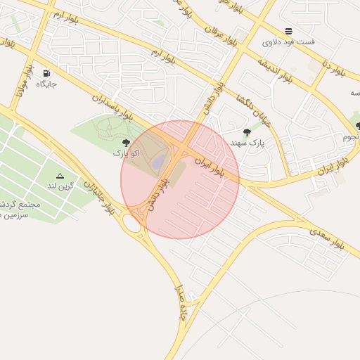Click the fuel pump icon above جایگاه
[46, 73]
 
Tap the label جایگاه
[46, 84]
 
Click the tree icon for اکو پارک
[126, 143]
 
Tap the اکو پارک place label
[127, 153]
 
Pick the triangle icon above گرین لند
[60, 176]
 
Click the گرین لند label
[60, 186]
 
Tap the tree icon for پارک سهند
[246, 132]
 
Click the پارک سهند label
[247, 142]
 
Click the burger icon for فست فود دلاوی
[288, 31]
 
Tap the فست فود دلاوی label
[288, 42]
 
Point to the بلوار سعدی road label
[328, 234]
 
